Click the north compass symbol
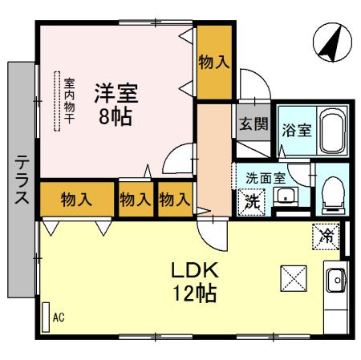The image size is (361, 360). pyautogui.click(x=331, y=42)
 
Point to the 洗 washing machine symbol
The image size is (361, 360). pyautogui.click(x=252, y=201)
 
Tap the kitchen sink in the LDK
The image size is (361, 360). pyautogui.click(x=335, y=281)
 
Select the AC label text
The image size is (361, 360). pyautogui.click(x=58, y=318)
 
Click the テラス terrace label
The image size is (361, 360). pyautogui.click(x=22, y=180)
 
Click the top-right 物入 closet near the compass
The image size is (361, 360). pyautogui.click(x=214, y=62)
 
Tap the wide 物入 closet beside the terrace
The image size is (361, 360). pyautogui.click(x=75, y=200)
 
